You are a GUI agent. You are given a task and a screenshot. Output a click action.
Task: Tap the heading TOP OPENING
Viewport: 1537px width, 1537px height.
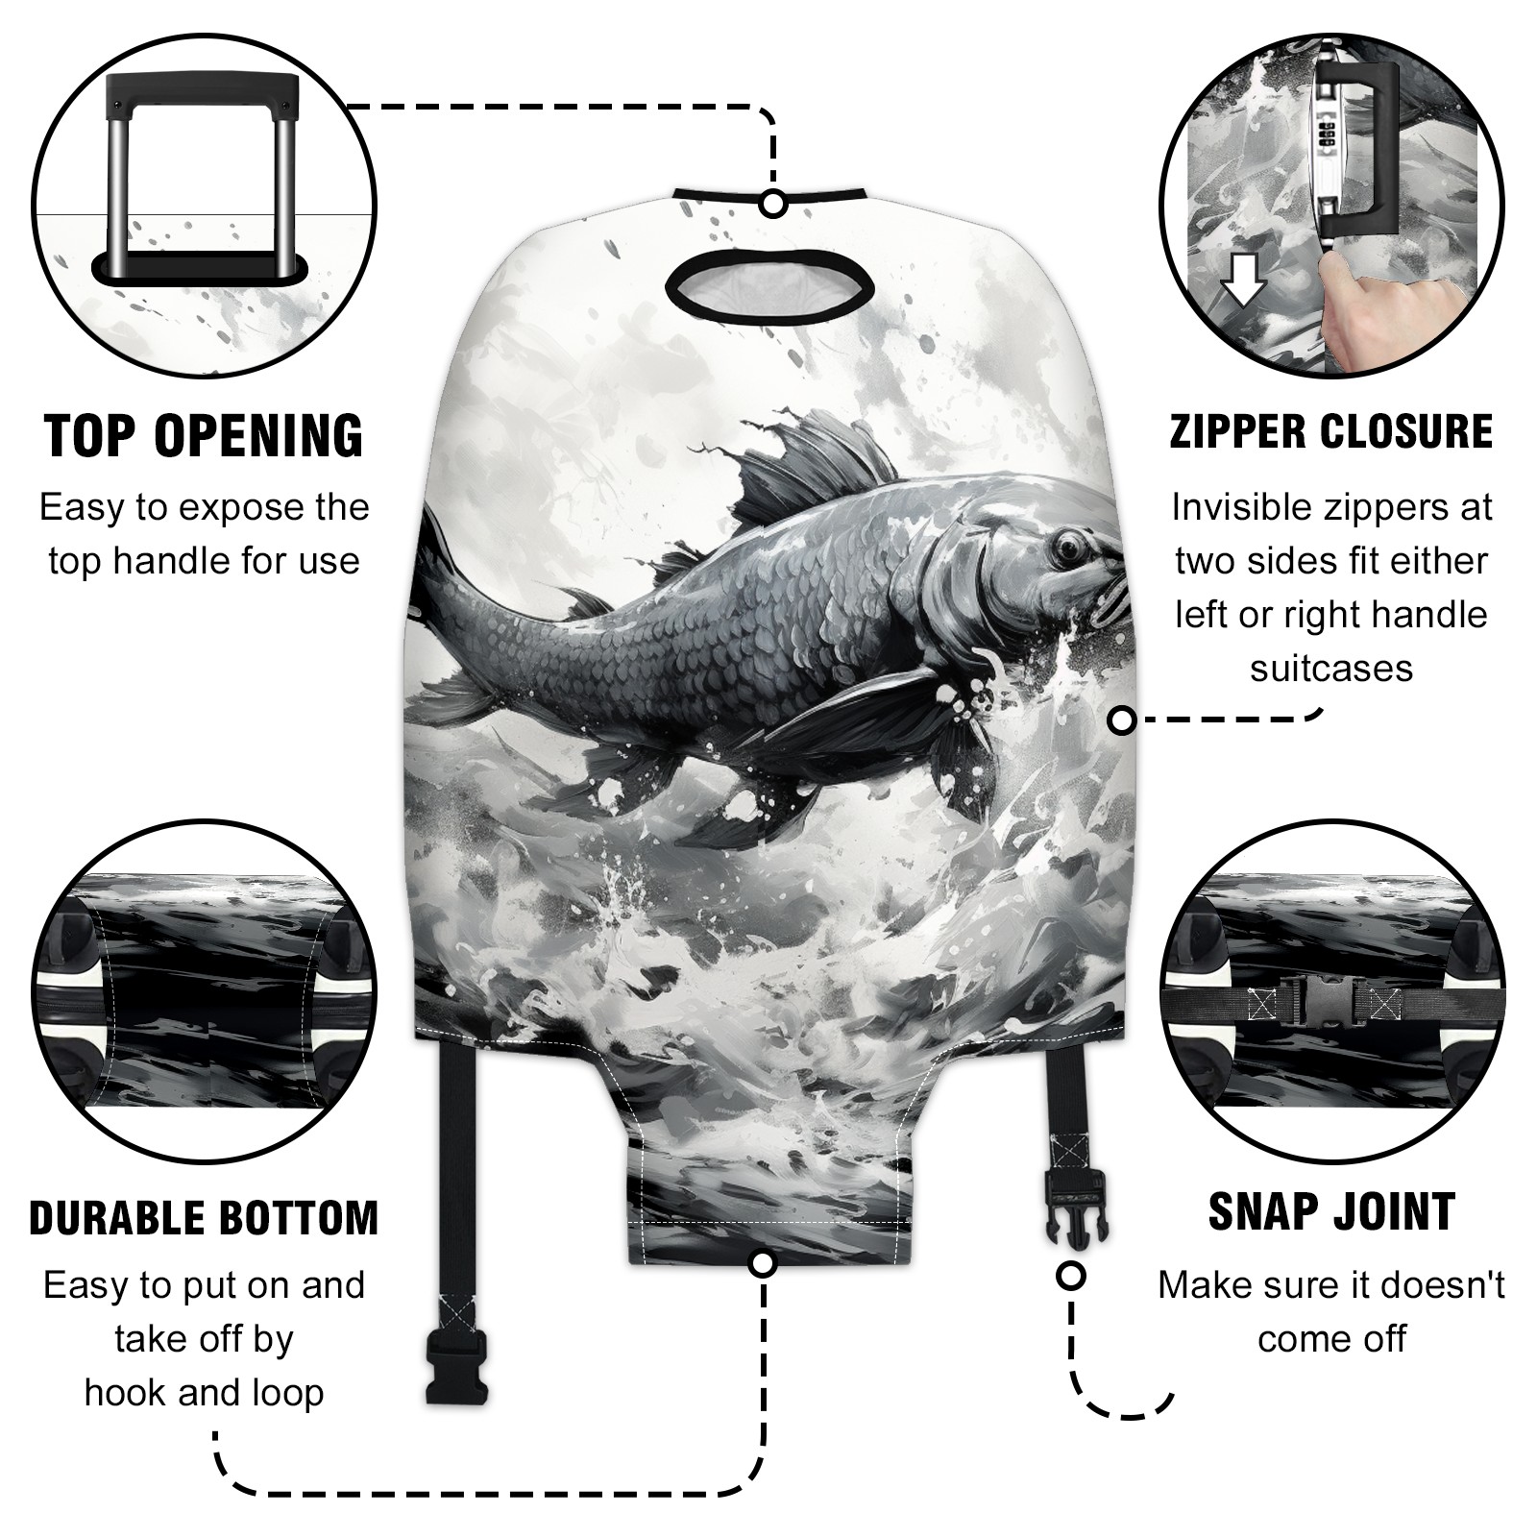205,436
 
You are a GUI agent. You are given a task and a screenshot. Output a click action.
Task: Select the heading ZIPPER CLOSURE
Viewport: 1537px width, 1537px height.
1331,431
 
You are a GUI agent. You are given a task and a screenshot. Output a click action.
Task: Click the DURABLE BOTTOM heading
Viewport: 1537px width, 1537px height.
204,1218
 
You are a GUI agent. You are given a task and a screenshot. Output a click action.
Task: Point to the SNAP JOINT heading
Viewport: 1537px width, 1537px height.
1331,1211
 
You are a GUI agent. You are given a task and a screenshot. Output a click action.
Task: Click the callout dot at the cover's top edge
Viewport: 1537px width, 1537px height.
773,204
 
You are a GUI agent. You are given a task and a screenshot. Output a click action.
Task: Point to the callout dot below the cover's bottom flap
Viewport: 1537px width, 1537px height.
762,1263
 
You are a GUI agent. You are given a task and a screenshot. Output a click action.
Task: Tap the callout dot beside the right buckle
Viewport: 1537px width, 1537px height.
1070,1277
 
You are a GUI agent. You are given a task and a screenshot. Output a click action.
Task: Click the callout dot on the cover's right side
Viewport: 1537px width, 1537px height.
1122,720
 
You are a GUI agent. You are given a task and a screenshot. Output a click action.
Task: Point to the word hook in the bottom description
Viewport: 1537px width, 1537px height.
122,1392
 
